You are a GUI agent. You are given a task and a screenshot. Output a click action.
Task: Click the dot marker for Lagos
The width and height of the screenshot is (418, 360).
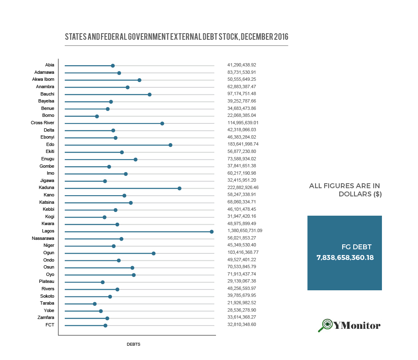coord(211,232)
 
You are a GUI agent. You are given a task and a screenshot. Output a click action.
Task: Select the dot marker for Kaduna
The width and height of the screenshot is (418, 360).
coord(179,188)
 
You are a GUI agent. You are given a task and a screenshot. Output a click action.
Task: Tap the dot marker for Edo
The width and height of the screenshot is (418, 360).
coord(170,145)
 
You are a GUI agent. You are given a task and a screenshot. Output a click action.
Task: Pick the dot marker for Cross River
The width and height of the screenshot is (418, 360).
coord(162,123)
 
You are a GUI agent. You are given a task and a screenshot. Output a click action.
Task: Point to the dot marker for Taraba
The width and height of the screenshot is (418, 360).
coord(95,304)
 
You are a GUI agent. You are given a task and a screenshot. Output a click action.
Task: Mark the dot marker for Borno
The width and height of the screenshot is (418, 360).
coord(97,116)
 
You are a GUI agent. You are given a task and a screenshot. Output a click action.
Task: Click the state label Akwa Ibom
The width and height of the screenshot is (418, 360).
coord(43,79)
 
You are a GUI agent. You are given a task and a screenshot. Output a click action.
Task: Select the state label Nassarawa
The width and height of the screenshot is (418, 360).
coord(43,238)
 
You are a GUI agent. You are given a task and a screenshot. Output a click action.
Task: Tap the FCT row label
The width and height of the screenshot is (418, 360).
coord(50,325)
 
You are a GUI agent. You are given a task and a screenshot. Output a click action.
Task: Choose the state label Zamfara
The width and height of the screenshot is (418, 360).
coord(45,317)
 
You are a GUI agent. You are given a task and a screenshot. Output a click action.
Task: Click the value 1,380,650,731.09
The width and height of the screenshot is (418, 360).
coord(245,231)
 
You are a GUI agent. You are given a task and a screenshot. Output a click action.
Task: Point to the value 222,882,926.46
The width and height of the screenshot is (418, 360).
coord(243,187)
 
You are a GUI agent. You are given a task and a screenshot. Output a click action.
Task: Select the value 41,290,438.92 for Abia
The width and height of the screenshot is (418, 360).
coord(241,65)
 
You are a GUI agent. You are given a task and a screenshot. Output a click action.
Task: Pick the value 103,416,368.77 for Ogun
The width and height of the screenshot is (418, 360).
coord(243,252)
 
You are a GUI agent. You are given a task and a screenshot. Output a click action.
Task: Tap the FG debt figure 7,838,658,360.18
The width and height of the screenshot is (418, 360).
coord(345,258)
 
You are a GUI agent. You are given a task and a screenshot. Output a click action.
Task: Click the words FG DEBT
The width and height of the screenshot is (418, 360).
coord(357,247)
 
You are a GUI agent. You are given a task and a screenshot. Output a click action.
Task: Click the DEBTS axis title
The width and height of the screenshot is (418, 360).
coord(134,344)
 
